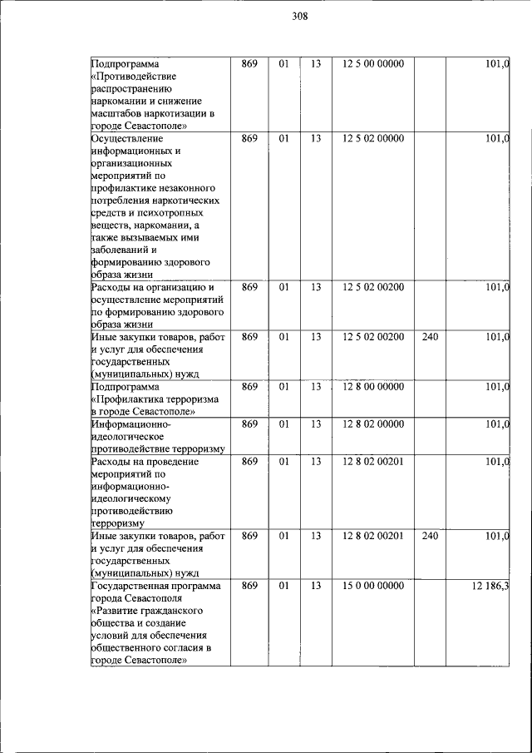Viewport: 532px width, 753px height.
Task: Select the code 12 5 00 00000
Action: pos(372,63)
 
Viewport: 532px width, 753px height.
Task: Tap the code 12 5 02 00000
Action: pos(372,138)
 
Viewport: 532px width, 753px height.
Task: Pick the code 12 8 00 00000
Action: pos(372,387)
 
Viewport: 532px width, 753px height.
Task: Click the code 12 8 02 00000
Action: pos(372,424)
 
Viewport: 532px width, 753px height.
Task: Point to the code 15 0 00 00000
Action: pos(372,586)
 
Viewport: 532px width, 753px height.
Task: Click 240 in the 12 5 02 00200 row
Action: pos(429,337)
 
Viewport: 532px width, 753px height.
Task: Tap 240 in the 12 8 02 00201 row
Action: pos(429,536)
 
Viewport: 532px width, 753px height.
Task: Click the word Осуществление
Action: pos(126,138)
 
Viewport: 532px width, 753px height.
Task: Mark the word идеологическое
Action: pos(126,437)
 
